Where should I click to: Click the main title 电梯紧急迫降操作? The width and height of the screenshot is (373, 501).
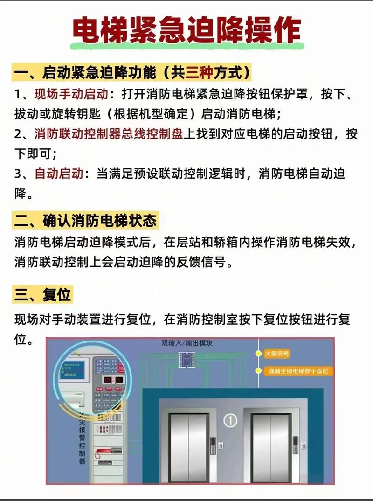point(186,32)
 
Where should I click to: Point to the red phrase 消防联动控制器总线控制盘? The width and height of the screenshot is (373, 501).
point(108,134)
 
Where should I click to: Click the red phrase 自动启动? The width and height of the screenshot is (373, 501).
point(59,174)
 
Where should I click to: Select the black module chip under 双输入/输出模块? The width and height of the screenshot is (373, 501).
point(186,359)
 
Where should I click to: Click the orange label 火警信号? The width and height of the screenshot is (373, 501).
point(277,354)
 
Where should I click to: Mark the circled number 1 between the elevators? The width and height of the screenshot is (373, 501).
point(230,420)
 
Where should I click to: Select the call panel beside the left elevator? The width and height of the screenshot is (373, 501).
point(214,442)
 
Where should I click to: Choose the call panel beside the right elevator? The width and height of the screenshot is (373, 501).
point(296,442)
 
